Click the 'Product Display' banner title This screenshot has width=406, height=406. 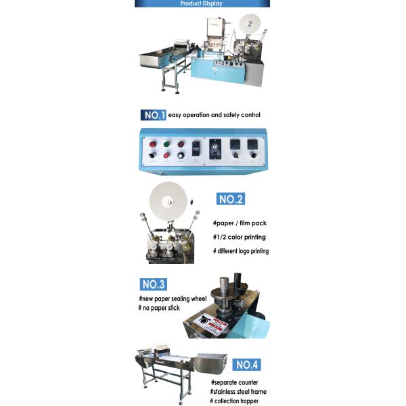202,3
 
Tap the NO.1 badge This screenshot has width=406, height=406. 154,115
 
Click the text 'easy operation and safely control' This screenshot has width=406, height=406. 214,115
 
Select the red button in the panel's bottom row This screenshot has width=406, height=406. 166,155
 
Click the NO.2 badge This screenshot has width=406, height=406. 230,199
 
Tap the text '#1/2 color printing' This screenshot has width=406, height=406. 239,237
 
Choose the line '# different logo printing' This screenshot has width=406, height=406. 241,251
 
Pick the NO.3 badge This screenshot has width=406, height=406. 154,284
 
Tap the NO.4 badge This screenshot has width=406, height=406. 246,365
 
